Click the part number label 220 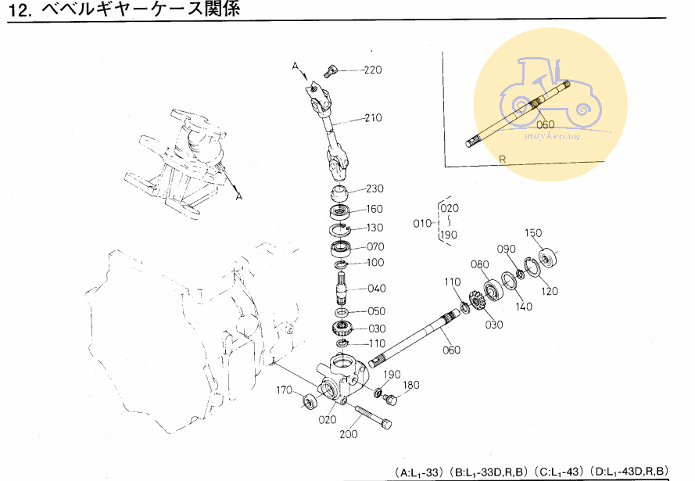click(x=373, y=70)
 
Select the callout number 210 click(x=373, y=117)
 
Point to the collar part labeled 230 click(x=340, y=194)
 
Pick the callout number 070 click(x=375, y=246)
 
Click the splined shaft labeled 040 click(x=342, y=289)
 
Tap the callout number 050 click(x=376, y=310)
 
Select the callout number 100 click(x=375, y=262)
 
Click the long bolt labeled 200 click(x=373, y=416)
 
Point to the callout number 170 click(x=284, y=389)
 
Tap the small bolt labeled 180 click(x=390, y=399)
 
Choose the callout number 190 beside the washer click(x=392, y=375)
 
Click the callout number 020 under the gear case click(x=328, y=419)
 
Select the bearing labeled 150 click(x=547, y=258)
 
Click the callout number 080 click(x=479, y=264)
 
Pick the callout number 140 click(x=524, y=306)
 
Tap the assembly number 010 click(x=422, y=223)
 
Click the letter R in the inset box click(x=502, y=159)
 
